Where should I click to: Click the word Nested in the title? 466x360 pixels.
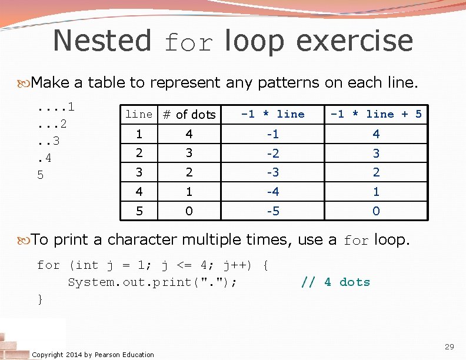(x=102, y=41)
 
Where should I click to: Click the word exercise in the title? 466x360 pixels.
(x=355, y=41)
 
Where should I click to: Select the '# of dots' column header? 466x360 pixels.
(x=189, y=115)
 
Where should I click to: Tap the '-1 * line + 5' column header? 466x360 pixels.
(x=376, y=114)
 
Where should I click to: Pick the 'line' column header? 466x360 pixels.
(x=139, y=114)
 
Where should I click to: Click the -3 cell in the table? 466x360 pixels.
(x=273, y=172)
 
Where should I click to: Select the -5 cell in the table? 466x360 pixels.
(x=273, y=211)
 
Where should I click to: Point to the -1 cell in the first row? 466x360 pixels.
(x=273, y=134)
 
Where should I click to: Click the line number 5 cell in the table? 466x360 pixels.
(x=139, y=211)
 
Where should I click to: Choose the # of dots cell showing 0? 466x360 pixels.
(x=189, y=211)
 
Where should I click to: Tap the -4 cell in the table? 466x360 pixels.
(x=273, y=192)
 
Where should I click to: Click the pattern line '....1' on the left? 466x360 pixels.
(x=55, y=107)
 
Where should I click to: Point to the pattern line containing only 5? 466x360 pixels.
(x=40, y=175)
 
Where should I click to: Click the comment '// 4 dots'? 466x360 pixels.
(x=335, y=282)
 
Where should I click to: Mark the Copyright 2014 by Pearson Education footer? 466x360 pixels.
(x=93, y=354)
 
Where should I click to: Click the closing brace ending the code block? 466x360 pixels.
(x=40, y=299)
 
